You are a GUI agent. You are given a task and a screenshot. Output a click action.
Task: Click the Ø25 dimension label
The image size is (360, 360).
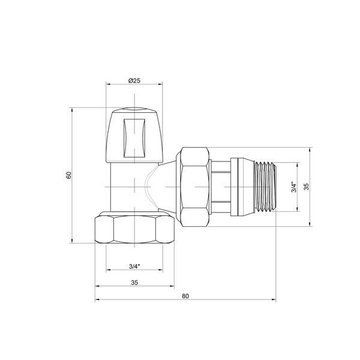pos(134,80)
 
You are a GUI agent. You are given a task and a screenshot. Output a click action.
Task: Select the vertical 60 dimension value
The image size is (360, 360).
pos(69,175)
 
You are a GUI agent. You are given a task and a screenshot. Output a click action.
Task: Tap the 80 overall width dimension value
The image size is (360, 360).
pos(185,296)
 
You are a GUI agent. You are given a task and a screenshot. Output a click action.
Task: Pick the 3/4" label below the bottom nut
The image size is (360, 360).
pos(134,266)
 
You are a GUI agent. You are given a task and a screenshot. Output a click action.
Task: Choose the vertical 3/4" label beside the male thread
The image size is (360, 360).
pos(293,187)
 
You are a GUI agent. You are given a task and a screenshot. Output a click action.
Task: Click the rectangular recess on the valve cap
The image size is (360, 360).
pos(134,138)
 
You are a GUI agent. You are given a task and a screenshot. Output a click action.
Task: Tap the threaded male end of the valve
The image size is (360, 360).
pos(265,187)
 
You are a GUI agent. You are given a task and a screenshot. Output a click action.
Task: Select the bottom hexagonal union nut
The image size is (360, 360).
pos(134,229)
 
